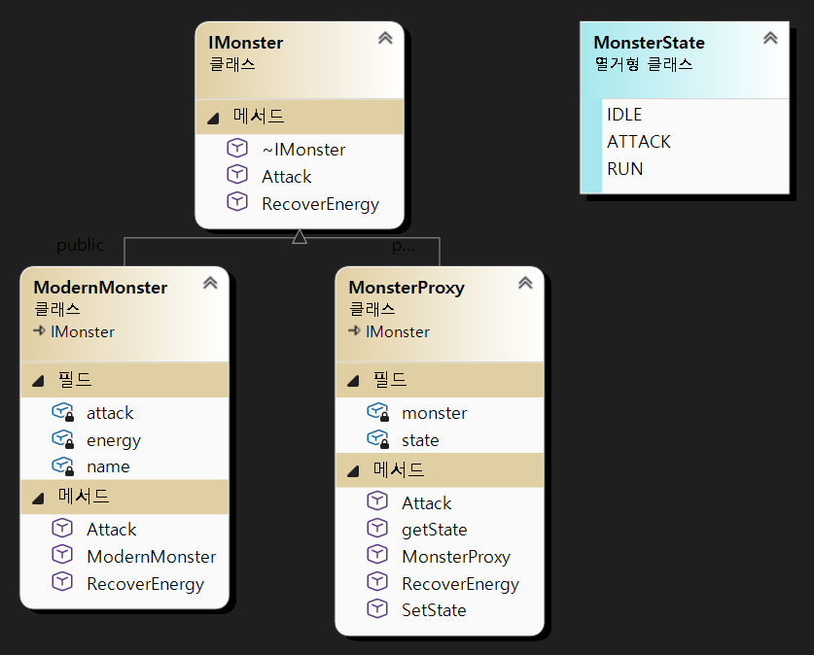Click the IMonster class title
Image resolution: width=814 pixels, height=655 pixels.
pos(246,43)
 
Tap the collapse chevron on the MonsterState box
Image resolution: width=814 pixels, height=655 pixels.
pos(770,38)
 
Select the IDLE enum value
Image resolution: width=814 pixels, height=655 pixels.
pos(624,115)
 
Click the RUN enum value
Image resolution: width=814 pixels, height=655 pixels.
pos(624,168)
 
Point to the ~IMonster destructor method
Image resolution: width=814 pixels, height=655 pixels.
pos(302,149)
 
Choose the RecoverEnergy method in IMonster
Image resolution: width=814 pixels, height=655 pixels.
pos(319,204)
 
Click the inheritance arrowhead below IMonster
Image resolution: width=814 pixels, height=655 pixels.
pos(300,235)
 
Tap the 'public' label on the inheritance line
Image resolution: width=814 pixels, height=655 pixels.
pos(80,245)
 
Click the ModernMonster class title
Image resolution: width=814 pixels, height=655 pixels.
pos(100,288)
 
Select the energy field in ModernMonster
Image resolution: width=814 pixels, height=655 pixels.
pos(114,440)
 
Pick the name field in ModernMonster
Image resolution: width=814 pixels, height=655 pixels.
pos(108,466)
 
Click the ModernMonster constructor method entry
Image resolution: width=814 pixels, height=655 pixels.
pos(151,557)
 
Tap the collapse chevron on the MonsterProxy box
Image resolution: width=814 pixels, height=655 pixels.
pos(525,283)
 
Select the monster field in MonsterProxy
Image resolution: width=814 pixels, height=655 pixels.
pos(434,413)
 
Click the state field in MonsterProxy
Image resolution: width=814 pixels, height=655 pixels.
pos(420,440)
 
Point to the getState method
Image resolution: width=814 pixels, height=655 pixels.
pos(434,530)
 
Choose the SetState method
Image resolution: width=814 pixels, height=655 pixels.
pos(434,610)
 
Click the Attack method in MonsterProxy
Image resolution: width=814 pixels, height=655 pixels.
pos(426,503)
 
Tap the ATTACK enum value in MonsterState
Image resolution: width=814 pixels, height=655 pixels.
pos(639,142)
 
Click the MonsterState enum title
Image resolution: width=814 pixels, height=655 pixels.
pos(649,43)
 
